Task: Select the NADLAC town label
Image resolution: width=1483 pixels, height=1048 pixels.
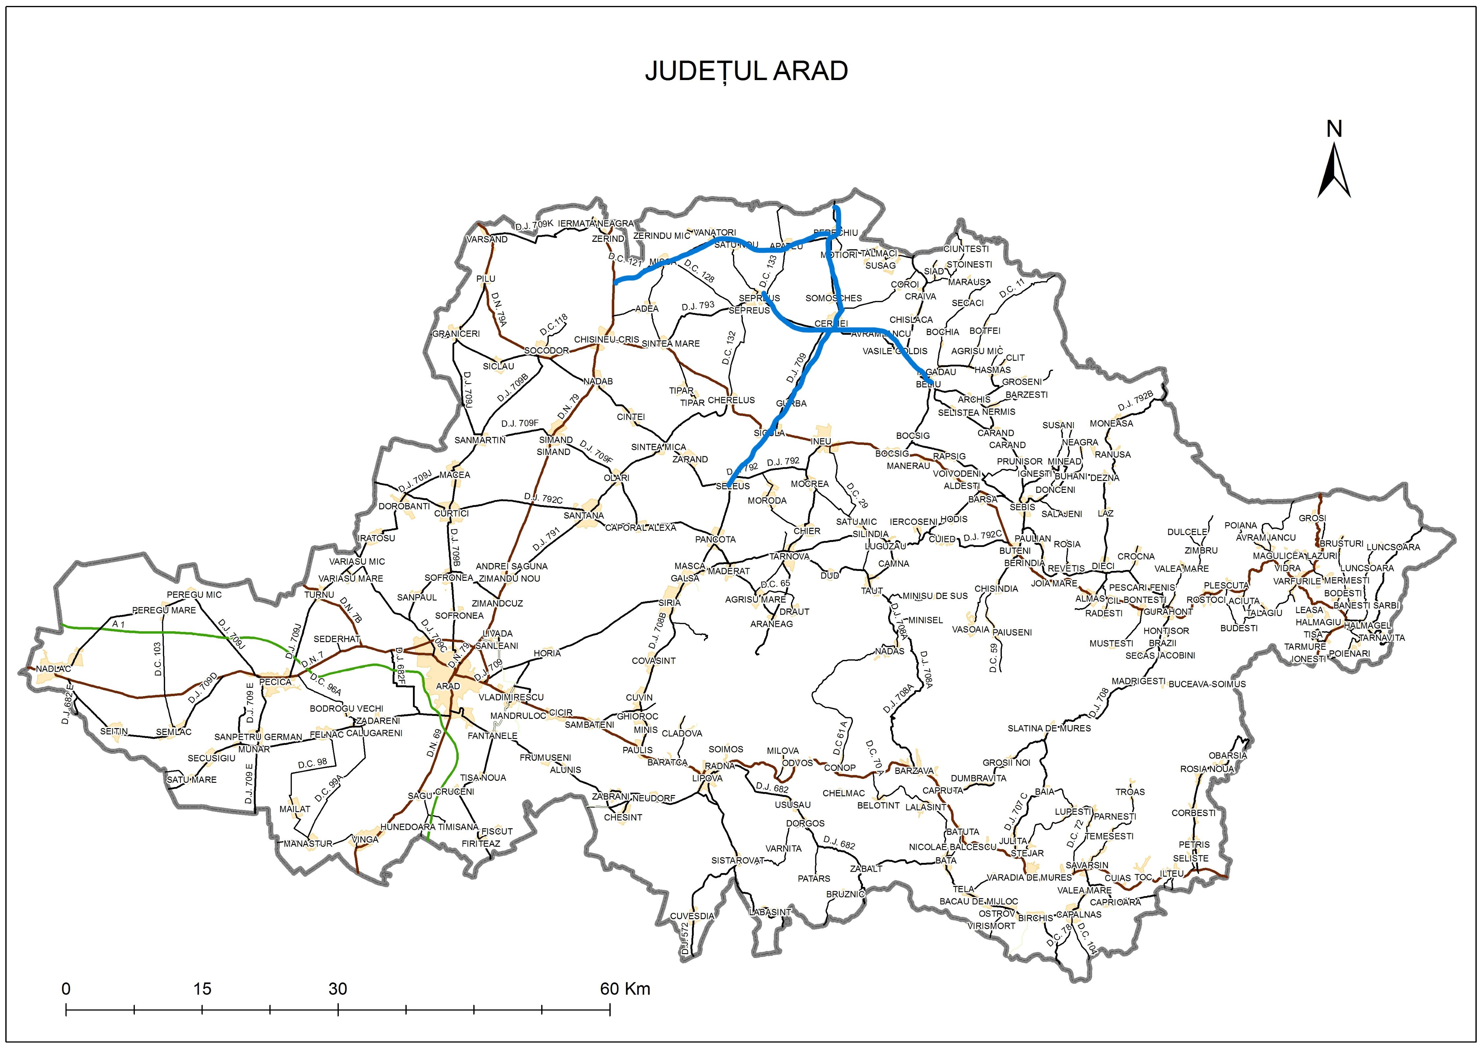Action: pyautogui.click(x=54, y=669)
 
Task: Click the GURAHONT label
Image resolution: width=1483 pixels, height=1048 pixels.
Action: pyautogui.click(x=1169, y=611)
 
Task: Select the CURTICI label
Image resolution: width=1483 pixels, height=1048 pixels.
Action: pyautogui.click(x=451, y=513)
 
